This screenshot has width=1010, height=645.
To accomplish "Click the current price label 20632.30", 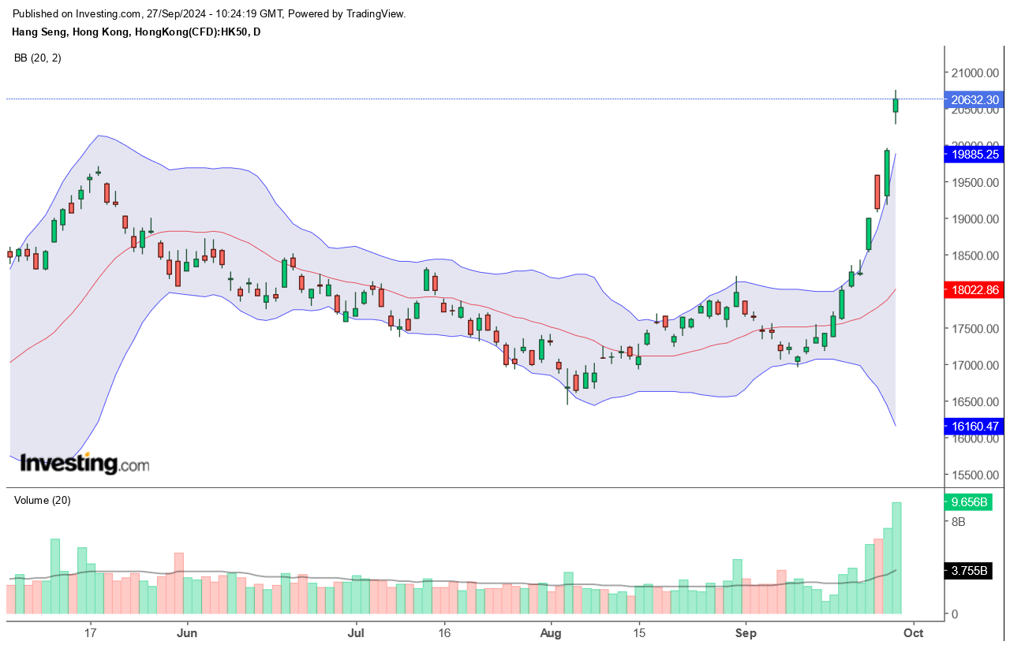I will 976,100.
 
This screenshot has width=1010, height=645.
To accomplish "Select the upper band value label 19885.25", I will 976,155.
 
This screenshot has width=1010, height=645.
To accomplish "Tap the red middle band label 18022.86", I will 976,290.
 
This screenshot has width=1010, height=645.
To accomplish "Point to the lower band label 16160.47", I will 976,427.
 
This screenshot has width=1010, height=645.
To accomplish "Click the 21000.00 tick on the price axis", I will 976,73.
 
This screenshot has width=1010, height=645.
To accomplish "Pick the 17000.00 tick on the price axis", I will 976,366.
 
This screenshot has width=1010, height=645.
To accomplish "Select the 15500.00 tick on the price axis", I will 976,475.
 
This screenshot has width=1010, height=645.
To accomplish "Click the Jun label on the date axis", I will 186,632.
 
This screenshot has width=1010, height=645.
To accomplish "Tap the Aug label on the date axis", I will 551,632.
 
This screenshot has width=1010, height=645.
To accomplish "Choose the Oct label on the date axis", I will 913,632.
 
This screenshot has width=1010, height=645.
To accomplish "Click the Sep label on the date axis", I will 745,632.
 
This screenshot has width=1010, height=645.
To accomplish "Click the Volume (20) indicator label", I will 43,500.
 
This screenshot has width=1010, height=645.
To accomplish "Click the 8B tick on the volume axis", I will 959,522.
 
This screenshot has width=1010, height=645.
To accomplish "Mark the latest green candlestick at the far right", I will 896,105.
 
